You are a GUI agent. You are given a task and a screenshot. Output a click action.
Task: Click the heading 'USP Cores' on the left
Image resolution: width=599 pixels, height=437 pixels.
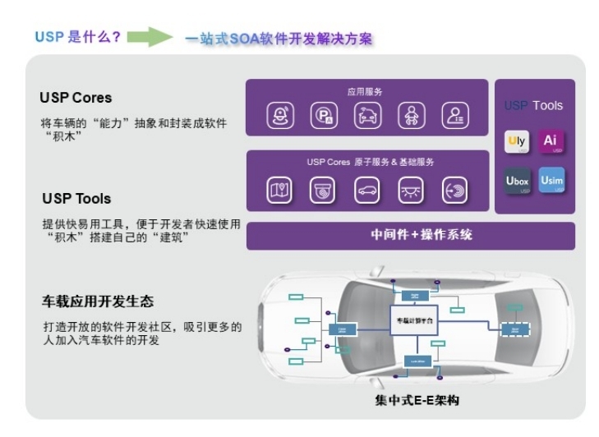pyautogui.click(x=75, y=98)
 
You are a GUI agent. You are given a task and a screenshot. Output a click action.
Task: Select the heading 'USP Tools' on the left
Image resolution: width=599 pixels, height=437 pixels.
pyautogui.click(x=76, y=198)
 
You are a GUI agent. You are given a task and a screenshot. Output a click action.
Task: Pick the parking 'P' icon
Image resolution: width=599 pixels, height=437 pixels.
pyautogui.click(x=323, y=117)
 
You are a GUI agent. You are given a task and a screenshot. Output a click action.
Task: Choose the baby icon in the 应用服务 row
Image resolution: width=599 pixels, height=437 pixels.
pyautogui.click(x=411, y=117)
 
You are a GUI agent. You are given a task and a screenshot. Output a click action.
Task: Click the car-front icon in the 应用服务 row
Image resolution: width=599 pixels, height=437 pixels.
pyautogui.click(x=367, y=117)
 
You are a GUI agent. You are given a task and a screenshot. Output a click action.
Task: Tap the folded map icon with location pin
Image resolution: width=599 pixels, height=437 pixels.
pyautogui.click(x=279, y=190)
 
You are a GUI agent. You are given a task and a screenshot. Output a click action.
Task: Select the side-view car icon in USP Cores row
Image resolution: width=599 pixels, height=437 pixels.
pyautogui.click(x=367, y=190)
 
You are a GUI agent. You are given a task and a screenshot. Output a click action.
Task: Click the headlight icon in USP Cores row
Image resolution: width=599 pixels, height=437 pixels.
pyautogui.click(x=411, y=190)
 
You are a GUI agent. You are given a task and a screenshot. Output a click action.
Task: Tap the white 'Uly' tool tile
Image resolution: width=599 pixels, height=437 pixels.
pyautogui.click(x=517, y=141)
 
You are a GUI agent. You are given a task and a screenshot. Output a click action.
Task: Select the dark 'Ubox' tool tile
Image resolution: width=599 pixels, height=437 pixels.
pyautogui.click(x=517, y=181)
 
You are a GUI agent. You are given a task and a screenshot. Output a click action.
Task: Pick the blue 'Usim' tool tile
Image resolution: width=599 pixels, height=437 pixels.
pyautogui.click(x=551, y=180)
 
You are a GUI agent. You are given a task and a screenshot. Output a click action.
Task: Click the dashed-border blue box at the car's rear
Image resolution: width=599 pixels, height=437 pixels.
pyautogui.click(x=516, y=329)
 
